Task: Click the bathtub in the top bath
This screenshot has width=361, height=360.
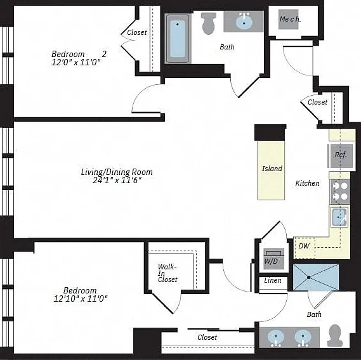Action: point(178,39)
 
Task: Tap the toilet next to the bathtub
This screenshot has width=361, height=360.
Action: point(209,23)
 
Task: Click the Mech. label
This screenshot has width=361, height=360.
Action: point(290,19)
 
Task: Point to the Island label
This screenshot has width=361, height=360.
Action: point(272,169)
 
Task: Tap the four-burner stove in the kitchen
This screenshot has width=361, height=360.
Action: point(341,191)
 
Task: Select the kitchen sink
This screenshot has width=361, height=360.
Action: point(339,217)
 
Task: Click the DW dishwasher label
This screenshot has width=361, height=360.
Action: point(304,246)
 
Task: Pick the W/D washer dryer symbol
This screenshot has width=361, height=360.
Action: point(273,259)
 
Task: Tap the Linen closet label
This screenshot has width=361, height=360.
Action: point(273,280)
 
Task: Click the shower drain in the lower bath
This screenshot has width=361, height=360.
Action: point(309,278)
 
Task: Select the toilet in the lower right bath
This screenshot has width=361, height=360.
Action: point(334,335)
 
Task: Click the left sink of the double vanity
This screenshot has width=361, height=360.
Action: point(276,338)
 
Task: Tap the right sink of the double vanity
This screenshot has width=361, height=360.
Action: point(303,338)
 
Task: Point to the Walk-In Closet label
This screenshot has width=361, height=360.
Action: point(167,273)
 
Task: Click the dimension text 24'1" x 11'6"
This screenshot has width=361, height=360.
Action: point(117,180)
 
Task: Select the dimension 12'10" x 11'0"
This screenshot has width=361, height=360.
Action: point(81,299)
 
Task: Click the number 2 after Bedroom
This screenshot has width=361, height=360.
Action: point(104,54)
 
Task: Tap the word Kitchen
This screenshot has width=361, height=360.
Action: point(307,183)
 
